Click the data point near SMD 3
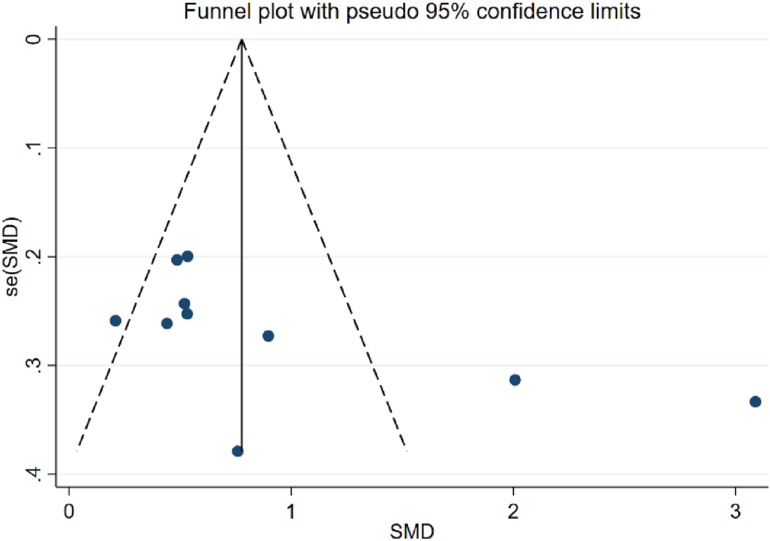point(755,401)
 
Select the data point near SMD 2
point(515,380)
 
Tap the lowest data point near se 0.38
point(237,451)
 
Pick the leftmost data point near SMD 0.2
point(115,321)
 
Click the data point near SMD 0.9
point(268,336)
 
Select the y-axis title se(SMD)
point(13,256)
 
